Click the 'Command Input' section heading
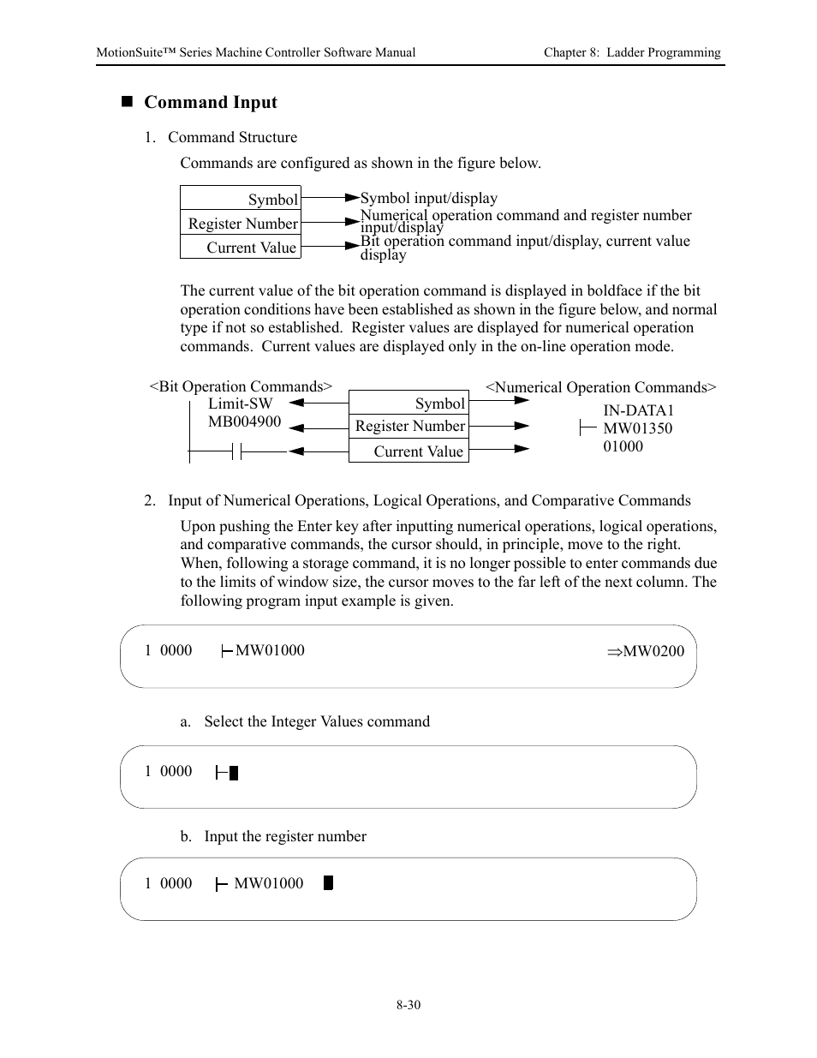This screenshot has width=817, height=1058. (210, 103)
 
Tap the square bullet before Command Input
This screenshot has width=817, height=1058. (128, 102)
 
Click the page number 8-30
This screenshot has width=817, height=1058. (408, 1005)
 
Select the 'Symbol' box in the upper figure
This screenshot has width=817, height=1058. (241, 198)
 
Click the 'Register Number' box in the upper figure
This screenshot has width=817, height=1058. (241, 223)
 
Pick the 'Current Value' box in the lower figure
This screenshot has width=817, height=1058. (409, 451)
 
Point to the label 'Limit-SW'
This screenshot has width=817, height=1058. (240, 403)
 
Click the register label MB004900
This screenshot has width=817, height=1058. (244, 421)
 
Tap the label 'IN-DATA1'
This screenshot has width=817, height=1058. (638, 410)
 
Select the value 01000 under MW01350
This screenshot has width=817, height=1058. (623, 446)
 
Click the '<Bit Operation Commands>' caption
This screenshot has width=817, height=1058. (241, 386)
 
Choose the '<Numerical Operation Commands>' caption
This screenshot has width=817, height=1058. (600, 387)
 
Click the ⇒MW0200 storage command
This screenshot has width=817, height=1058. (646, 651)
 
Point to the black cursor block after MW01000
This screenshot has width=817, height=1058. (328, 883)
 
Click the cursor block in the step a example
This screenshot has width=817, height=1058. (234, 773)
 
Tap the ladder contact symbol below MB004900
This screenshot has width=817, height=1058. (237, 451)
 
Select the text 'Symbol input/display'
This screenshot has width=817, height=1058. (428, 198)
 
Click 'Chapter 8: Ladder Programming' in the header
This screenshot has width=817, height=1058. (632, 52)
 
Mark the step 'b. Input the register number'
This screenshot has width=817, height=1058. (273, 836)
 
